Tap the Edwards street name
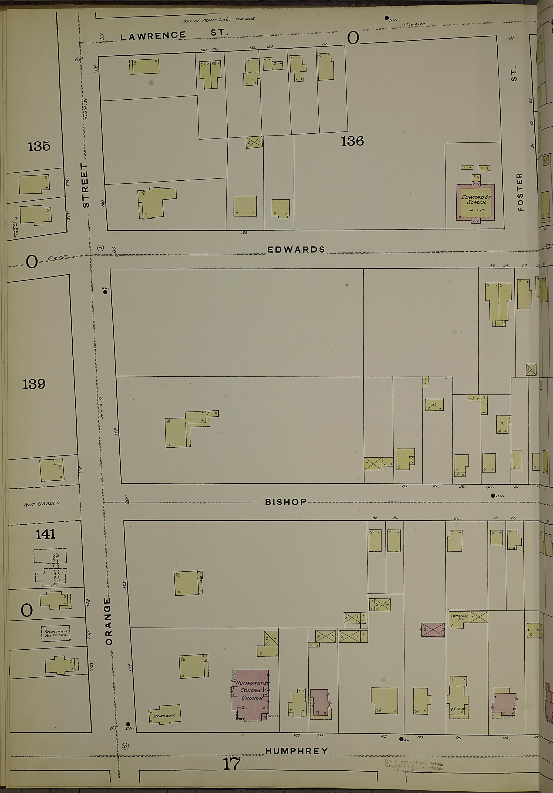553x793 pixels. click(296, 250)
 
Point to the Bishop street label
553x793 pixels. click(286, 502)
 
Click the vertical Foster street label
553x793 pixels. click(520, 192)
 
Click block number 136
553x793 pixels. click(352, 141)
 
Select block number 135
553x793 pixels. click(39, 146)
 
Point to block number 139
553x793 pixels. click(34, 384)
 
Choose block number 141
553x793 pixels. click(45, 534)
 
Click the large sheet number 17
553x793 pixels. click(231, 764)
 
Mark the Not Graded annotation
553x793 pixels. click(42, 504)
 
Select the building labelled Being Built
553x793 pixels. click(165, 715)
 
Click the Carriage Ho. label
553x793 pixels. click(459, 617)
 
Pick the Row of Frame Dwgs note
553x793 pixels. click(218, 20)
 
